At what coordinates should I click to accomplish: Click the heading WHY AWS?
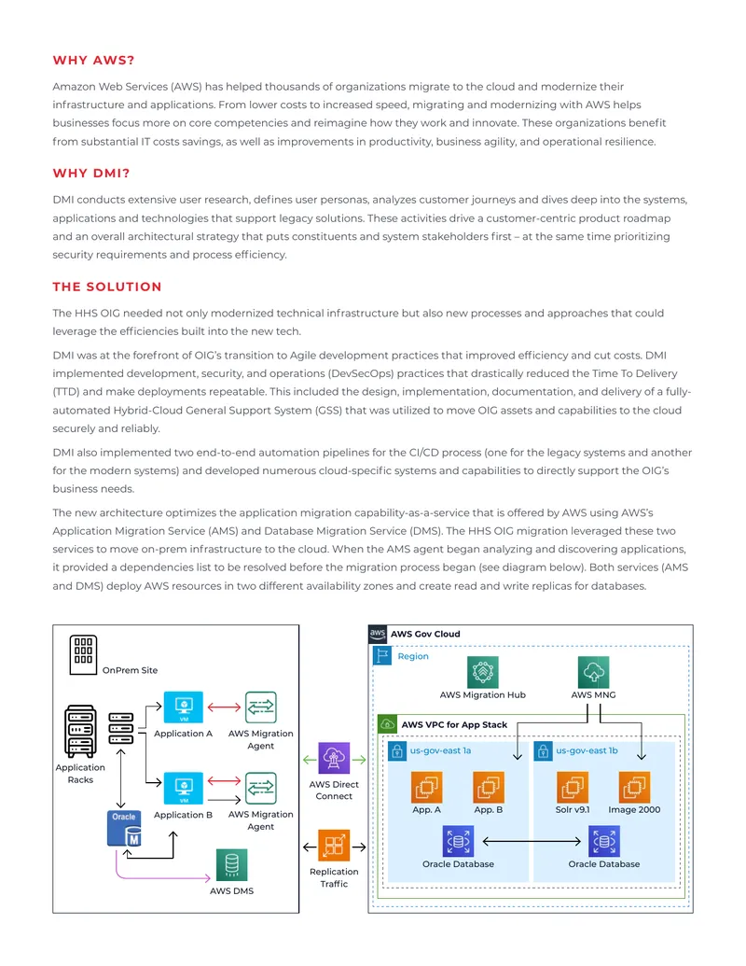(93, 61)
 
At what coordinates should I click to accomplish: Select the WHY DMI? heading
(91, 173)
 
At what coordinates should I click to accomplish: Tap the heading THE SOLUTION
(107, 287)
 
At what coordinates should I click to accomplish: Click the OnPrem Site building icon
(83, 655)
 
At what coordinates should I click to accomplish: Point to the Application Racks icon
(80, 732)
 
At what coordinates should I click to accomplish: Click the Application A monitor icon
(184, 707)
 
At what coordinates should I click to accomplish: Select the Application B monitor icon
(184, 788)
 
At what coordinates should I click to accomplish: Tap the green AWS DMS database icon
(232, 865)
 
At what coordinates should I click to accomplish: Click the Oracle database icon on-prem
(124, 829)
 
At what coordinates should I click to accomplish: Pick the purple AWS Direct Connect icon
(334, 759)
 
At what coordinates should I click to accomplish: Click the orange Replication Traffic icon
(334, 846)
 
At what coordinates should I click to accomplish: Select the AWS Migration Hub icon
(482, 671)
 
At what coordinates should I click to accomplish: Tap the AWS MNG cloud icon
(593, 671)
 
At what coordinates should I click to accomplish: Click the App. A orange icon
(426, 787)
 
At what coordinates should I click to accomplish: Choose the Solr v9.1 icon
(573, 787)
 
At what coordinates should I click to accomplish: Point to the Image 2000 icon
(634, 787)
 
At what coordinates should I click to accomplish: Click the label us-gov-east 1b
(587, 751)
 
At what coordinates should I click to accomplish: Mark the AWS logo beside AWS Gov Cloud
(378, 634)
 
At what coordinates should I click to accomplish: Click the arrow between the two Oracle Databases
(532, 841)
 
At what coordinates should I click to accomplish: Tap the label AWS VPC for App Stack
(454, 725)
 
